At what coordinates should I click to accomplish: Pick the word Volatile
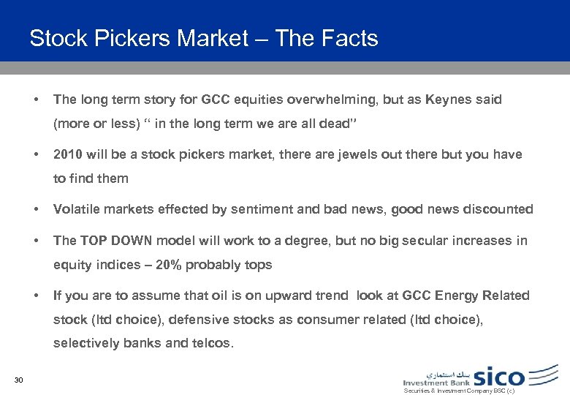click(77, 209)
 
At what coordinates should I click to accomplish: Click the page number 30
click(20, 379)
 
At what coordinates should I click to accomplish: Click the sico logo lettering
click(499, 377)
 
